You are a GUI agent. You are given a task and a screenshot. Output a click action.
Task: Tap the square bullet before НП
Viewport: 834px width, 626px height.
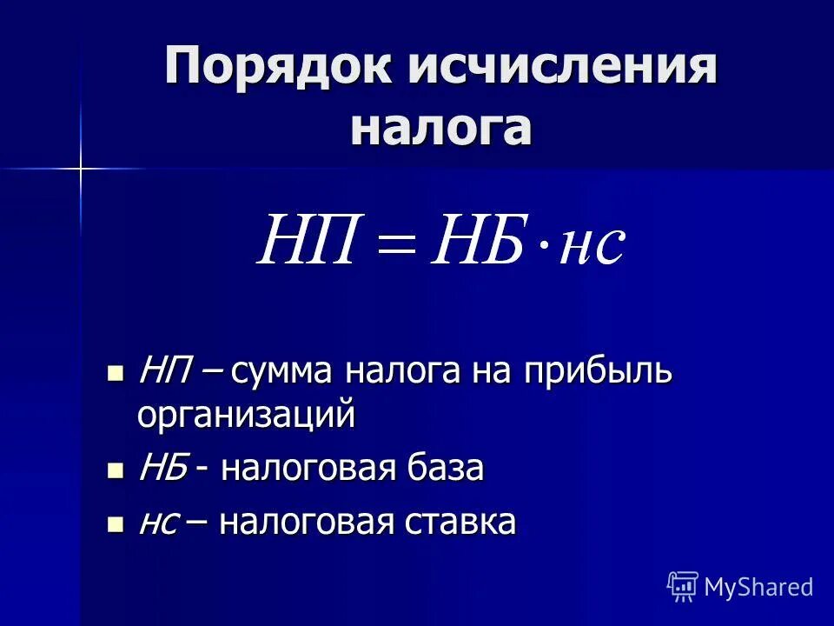(115, 374)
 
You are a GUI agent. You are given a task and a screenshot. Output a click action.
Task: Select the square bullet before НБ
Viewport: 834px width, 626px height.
(115, 470)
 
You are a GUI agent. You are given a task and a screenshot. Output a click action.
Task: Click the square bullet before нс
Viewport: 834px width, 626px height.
(115, 524)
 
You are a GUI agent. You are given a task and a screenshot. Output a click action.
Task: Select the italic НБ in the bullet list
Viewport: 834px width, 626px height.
(162, 469)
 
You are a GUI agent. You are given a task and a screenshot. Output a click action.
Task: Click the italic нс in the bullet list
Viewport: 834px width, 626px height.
(159, 524)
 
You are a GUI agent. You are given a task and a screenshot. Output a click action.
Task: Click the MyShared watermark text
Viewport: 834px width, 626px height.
(758, 587)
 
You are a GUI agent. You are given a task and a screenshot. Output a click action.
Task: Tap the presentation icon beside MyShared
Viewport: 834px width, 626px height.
(683, 587)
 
